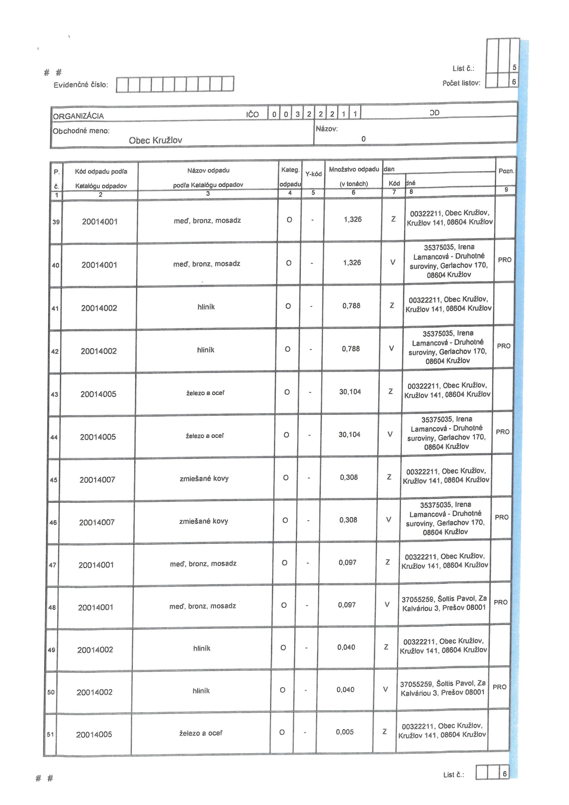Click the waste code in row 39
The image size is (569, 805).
[100, 222]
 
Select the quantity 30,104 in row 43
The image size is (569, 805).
[350, 391]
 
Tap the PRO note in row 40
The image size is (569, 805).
[505, 260]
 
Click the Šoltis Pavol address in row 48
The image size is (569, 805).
[444, 603]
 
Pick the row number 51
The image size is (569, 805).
[51, 734]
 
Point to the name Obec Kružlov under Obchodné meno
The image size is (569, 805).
[155, 140]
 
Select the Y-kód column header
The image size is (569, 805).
[313, 174]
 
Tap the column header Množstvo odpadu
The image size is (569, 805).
[354, 170]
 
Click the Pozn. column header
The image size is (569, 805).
[506, 171]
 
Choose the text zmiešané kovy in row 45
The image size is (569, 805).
[204, 478]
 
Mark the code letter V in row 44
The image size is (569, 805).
[390, 434]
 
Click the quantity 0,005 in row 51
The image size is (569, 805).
[345, 732]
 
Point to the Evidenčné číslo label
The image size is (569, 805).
[81, 85]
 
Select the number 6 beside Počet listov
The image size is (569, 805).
[514, 82]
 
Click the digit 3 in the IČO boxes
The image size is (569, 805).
[297, 114]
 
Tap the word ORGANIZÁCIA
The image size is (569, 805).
[78, 116]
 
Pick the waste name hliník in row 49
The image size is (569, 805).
[202, 648]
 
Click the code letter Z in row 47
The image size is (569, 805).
[387, 562]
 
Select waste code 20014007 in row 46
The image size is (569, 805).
[97, 522]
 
